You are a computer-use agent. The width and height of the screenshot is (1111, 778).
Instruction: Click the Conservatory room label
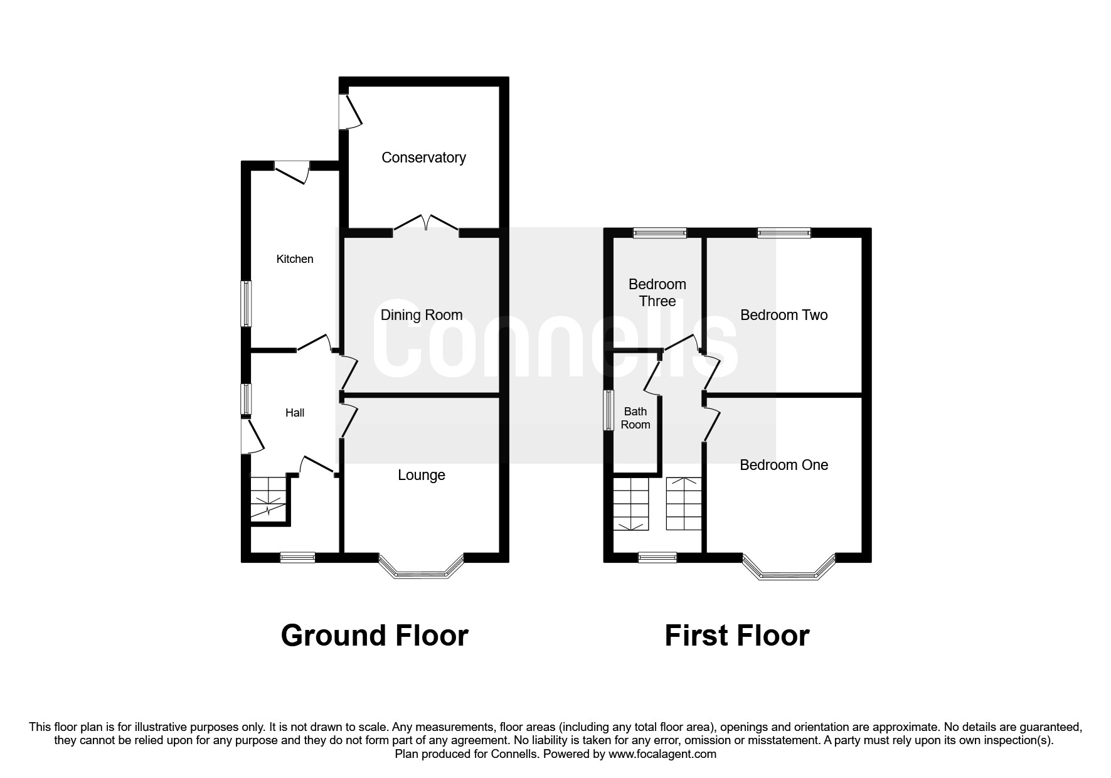pyautogui.click(x=423, y=157)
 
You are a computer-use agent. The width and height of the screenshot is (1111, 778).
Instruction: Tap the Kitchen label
pyautogui.click(x=295, y=259)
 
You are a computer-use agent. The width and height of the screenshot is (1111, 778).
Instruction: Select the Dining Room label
pyautogui.click(x=422, y=315)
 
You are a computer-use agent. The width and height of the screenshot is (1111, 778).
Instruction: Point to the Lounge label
pyautogui.click(x=422, y=476)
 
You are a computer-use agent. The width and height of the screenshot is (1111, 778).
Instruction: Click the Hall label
pyautogui.click(x=295, y=413)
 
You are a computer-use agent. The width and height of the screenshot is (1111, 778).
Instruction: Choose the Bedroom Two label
pyautogui.click(x=784, y=315)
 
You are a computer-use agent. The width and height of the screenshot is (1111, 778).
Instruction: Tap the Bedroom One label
pyautogui.click(x=784, y=465)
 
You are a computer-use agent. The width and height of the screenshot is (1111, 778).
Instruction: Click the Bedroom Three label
pyautogui.click(x=657, y=293)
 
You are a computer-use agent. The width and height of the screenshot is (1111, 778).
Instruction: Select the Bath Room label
pyautogui.click(x=635, y=418)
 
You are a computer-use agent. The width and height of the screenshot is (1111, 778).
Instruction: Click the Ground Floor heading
pyautogui.click(x=375, y=636)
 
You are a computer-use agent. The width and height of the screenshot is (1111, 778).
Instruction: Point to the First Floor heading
pyautogui.click(x=737, y=636)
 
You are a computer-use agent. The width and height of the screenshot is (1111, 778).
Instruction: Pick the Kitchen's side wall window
pyautogui.click(x=247, y=304)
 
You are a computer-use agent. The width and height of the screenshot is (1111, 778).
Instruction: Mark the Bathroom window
pyautogui.click(x=609, y=410)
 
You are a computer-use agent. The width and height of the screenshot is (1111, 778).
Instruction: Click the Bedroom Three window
pyautogui.click(x=660, y=233)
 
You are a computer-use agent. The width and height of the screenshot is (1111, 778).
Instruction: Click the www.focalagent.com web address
pyautogui.click(x=662, y=754)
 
